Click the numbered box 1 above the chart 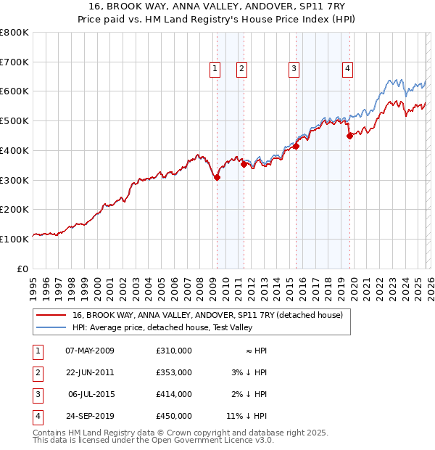point(215,69)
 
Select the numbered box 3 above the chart point(294,69)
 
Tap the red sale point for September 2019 point(349,135)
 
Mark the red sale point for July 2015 point(296,146)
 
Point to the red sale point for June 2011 point(244,164)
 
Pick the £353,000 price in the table point(173,372)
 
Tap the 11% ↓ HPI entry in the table point(246,416)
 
